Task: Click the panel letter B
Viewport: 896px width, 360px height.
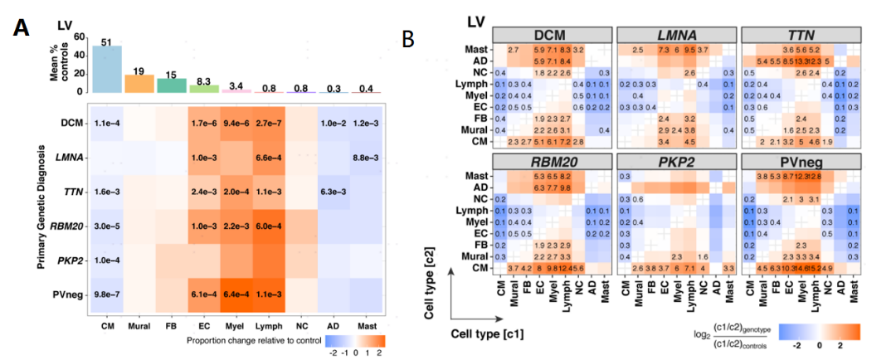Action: tap(409, 38)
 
